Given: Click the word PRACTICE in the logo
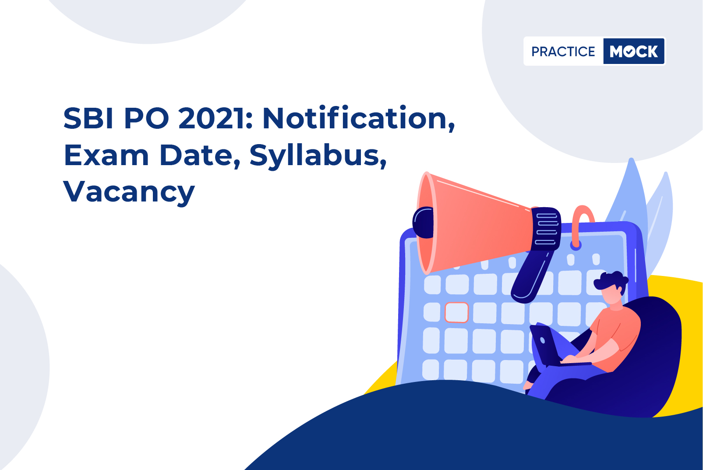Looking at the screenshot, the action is click(563, 51).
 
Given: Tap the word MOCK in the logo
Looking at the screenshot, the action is click(634, 51).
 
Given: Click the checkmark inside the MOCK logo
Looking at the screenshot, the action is click(629, 52).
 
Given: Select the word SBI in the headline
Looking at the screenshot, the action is click(88, 118).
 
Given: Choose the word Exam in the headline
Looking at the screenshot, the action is click(106, 155).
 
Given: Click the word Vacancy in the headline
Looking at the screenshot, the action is click(129, 192).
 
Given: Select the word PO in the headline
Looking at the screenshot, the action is click(147, 118).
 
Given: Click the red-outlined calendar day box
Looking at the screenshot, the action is click(457, 312).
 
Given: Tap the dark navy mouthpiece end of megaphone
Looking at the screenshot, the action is click(423, 223).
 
